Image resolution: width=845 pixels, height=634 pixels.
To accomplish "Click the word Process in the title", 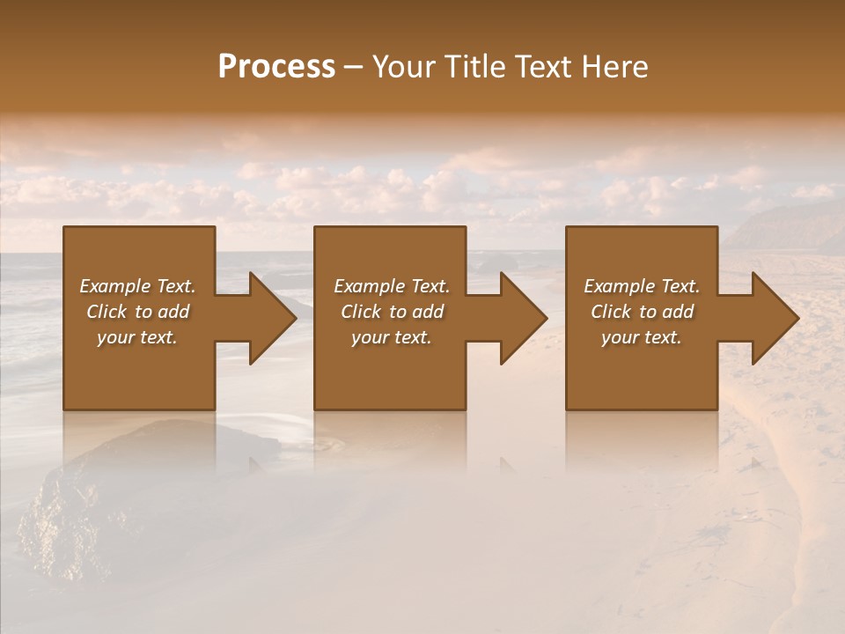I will (276, 67).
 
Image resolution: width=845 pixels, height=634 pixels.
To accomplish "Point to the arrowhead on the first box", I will (269, 318).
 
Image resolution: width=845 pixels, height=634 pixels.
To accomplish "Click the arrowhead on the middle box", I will (520, 318).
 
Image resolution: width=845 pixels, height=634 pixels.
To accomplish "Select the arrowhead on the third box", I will (772, 318).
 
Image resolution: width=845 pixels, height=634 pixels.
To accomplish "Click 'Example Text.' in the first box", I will (137, 286).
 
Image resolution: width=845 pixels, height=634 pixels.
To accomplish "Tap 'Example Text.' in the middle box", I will (391, 286).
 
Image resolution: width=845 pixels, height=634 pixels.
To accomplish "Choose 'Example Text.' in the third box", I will (641, 286).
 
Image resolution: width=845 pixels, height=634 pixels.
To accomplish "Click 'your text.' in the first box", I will (137, 337).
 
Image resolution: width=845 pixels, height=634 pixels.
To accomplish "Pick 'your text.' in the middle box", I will (391, 337).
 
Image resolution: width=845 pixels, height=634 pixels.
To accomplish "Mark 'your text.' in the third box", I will (641, 337).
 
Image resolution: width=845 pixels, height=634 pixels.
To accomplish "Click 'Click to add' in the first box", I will (137, 312).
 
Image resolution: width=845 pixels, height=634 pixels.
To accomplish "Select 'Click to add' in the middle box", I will (391, 312).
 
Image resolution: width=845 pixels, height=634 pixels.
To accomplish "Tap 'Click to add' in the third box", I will (641, 312).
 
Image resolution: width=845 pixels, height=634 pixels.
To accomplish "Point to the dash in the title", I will (353, 68).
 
